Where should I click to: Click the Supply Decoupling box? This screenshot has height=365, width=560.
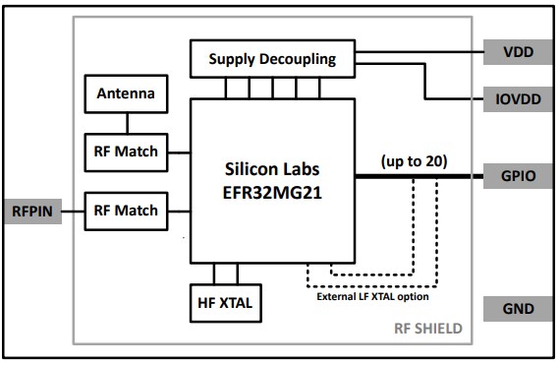[272, 59]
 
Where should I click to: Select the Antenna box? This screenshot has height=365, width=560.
[125, 94]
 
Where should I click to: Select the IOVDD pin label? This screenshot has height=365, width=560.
[520, 100]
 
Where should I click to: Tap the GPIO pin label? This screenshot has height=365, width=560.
[520, 178]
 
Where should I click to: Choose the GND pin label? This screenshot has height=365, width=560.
[520, 309]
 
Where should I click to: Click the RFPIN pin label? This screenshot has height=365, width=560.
[32, 210]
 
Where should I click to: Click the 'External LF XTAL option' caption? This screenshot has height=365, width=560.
[372, 296]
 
